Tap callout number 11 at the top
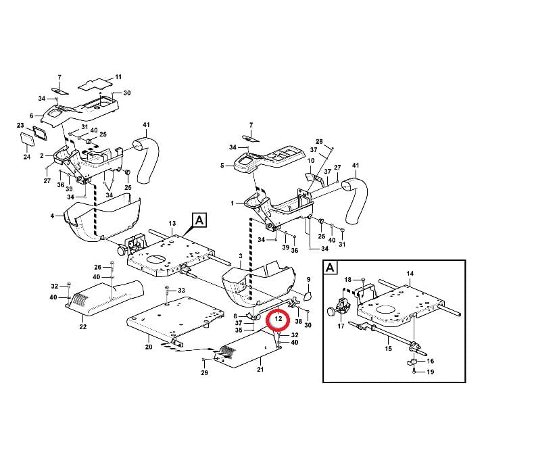[x=118, y=77]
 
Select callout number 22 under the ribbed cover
[x=82, y=328]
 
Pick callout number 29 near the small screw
[x=204, y=373]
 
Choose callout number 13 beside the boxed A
[x=172, y=223]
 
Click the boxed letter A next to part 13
[x=199, y=220]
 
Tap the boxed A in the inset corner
[x=330, y=268]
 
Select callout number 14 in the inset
[x=410, y=273]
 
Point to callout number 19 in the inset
[x=430, y=372]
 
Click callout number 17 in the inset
[x=341, y=326]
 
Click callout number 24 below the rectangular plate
[x=27, y=157]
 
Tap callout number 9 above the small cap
[x=308, y=279]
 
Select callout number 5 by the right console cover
[x=221, y=165]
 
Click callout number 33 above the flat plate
[x=180, y=290]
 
